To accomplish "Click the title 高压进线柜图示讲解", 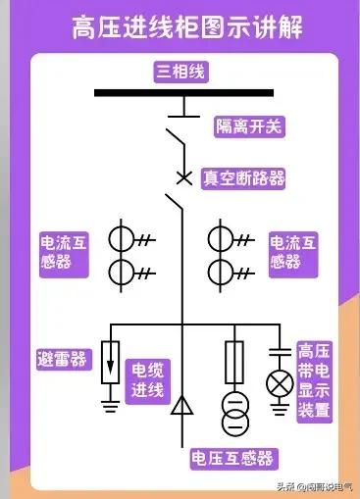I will tap(180, 27).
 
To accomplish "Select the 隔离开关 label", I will tap(249, 126).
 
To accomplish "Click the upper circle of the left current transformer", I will tap(122, 240).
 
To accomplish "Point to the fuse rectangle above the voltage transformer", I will tap(233, 361).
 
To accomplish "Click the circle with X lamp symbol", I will tap(282, 382).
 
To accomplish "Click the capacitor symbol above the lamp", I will tap(282, 350).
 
